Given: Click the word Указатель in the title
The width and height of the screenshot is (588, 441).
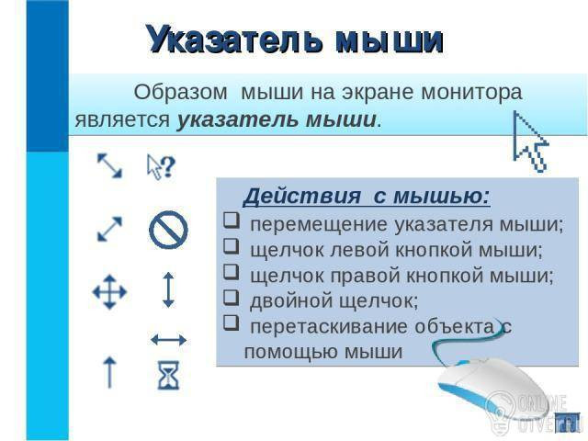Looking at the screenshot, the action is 235,40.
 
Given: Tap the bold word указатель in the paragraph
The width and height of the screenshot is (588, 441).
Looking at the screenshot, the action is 237,120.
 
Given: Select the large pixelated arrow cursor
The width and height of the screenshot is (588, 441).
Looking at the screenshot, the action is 530,141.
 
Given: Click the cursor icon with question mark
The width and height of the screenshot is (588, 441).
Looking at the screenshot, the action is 162,166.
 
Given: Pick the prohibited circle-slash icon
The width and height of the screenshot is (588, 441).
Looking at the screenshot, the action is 168,230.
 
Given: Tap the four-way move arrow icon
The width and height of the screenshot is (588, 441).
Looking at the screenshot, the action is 109,292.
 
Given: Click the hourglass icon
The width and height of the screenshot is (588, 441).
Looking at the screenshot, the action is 168,376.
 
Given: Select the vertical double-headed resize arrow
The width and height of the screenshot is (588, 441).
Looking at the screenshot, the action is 168,290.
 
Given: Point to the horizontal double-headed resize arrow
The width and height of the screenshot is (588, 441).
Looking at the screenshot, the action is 168,340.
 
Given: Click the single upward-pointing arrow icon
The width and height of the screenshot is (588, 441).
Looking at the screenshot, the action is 109,372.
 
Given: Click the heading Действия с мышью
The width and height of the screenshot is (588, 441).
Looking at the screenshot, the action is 367,196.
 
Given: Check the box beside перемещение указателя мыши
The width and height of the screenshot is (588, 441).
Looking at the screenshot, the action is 231,220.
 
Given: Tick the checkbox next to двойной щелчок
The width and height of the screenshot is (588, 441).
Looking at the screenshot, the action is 231,297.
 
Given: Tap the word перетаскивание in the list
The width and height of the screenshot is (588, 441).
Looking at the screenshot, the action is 329,327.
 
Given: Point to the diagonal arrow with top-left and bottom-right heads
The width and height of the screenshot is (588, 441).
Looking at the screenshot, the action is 109,165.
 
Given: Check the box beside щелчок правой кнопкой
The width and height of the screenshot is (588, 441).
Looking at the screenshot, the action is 231,272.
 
